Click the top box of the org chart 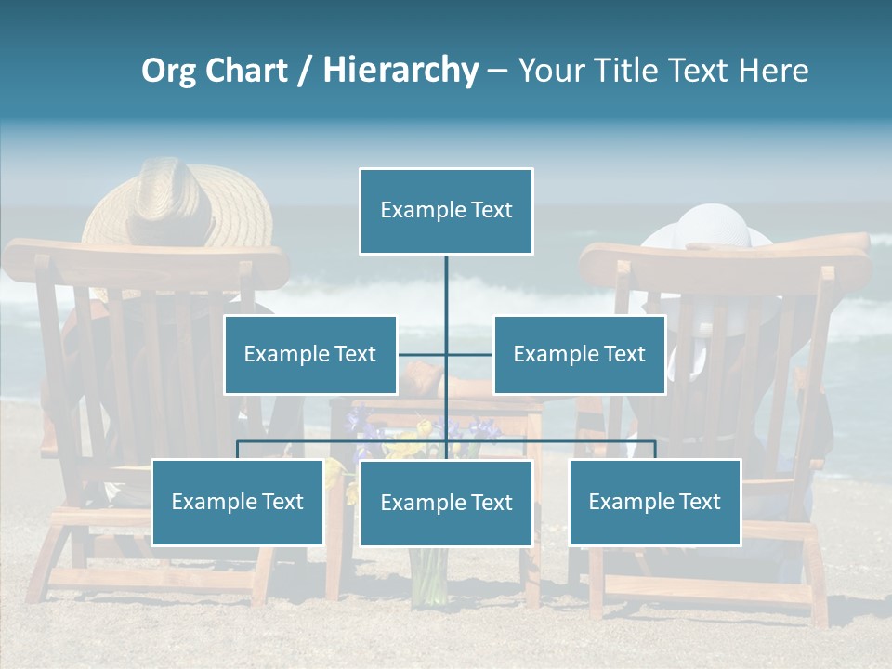tap(446, 211)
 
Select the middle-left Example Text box tap(310, 354)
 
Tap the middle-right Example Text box tap(579, 354)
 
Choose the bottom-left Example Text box tap(237, 502)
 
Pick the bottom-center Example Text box tap(446, 503)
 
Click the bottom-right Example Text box tap(654, 502)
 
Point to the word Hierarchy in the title tap(400, 71)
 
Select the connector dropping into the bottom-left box tap(237, 450)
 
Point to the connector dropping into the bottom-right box tap(655, 450)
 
